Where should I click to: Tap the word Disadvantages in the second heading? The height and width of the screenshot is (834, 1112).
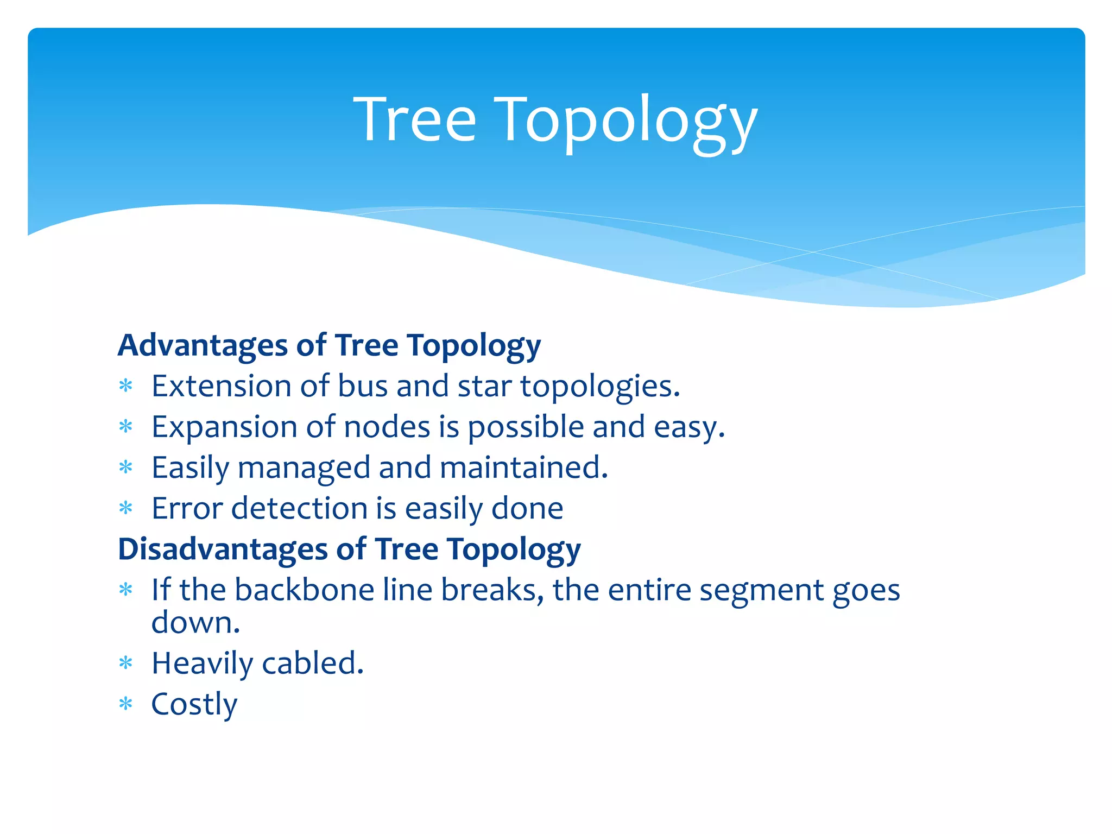tap(223, 549)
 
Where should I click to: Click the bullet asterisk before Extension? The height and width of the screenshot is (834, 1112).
tap(126, 387)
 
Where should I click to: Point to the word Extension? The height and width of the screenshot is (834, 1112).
tap(222, 386)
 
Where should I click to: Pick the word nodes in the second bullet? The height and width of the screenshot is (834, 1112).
tap(387, 427)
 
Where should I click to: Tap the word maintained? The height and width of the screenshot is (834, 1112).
tap(523, 467)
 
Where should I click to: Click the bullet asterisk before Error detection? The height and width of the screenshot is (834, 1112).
tap(126, 509)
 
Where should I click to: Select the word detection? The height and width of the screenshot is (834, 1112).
tap(299, 509)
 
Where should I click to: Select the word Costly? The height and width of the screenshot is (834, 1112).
tap(194, 705)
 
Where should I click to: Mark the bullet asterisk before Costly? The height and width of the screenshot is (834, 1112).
tap(126, 705)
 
